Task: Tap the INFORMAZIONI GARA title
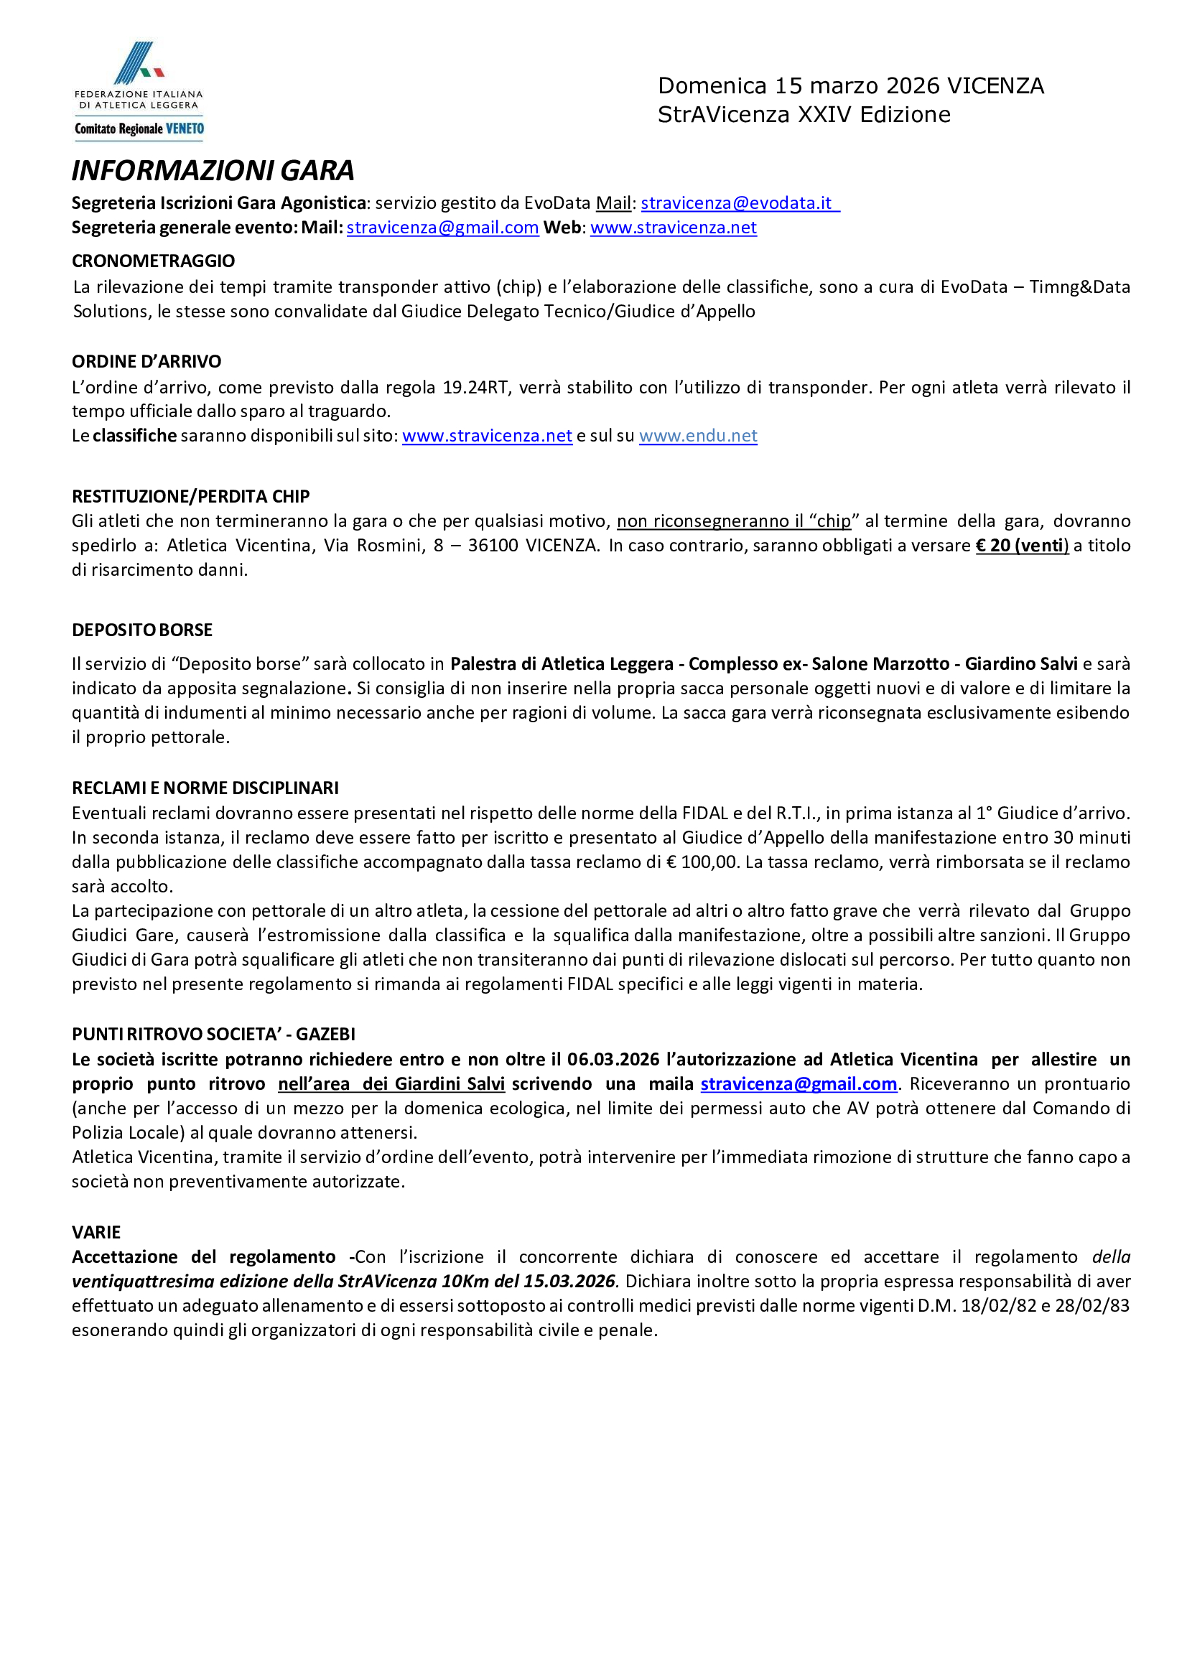pyautogui.click(x=213, y=170)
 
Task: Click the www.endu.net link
pyautogui.click(x=697, y=436)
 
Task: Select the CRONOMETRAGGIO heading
pyautogui.click(x=153, y=261)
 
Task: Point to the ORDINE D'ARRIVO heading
pyautogui.click(x=146, y=361)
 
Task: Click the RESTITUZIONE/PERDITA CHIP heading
pyautogui.click(x=190, y=496)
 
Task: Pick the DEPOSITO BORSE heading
pyautogui.click(x=142, y=630)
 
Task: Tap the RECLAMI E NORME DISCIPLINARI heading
pyautogui.click(x=205, y=788)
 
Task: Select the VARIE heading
pyautogui.click(x=96, y=1232)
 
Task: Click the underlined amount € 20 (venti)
pyautogui.click(x=1022, y=546)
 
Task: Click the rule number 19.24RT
pyautogui.click(x=475, y=388)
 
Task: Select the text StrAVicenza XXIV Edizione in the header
pyautogui.click(x=804, y=115)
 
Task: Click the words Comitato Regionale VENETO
pyautogui.click(x=139, y=129)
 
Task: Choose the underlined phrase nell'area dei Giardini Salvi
pyautogui.click(x=391, y=1083)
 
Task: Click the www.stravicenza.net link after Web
pyautogui.click(x=674, y=228)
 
